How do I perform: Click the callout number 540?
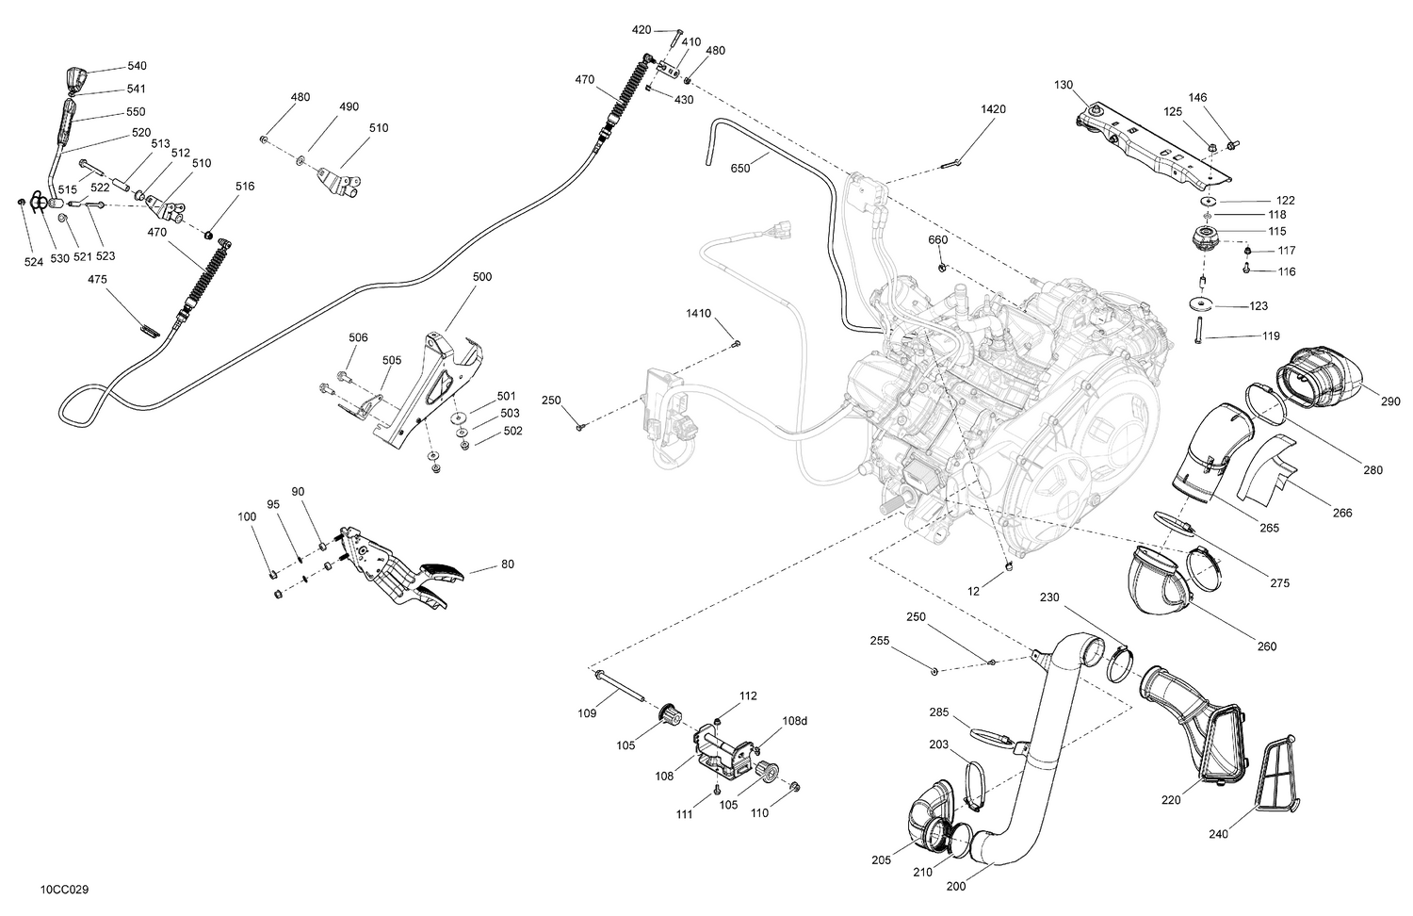click(x=137, y=67)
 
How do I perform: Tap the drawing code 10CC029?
click(x=65, y=889)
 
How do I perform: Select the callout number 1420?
click(x=993, y=109)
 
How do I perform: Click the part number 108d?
click(x=794, y=721)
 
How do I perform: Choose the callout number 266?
click(x=1342, y=513)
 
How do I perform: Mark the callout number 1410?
click(x=698, y=313)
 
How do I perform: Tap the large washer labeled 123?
click(x=1200, y=303)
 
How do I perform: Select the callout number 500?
click(x=481, y=277)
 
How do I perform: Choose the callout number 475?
click(x=98, y=280)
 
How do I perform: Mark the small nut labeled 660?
click(x=942, y=270)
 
